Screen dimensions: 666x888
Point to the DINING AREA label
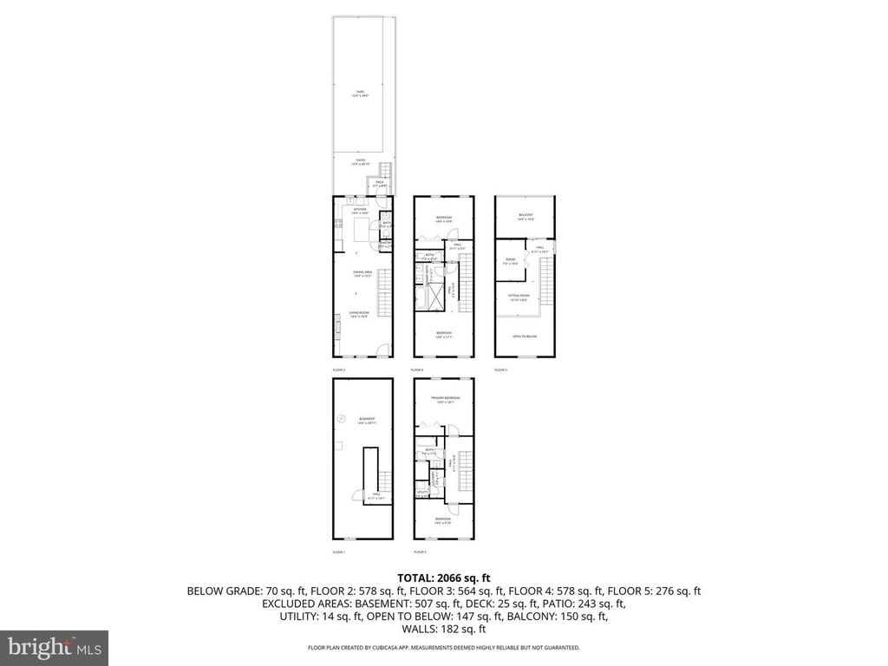[x=362, y=274]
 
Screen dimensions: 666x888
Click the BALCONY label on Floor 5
[x=526, y=217]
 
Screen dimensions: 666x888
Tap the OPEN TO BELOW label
[x=526, y=336]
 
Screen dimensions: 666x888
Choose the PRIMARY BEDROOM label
[x=444, y=400]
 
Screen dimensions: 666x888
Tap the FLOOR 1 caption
[x=339, y=552]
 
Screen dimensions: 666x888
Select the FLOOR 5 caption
[x=500, y=369]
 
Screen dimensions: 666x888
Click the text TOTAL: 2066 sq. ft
[x=444, y=578]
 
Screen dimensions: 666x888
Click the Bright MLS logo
[x=54, y=647]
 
